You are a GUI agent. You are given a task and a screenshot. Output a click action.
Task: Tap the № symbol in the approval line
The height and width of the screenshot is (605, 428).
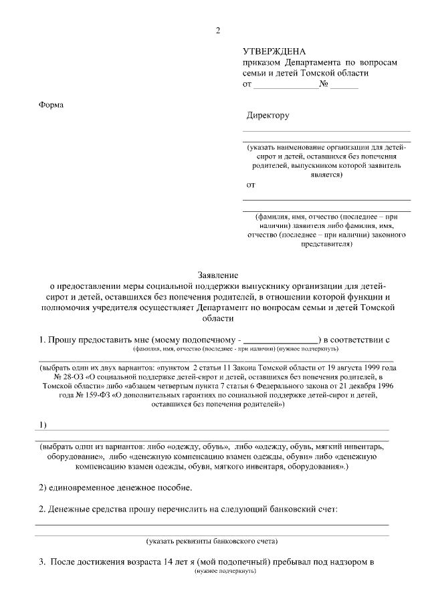(324, 85)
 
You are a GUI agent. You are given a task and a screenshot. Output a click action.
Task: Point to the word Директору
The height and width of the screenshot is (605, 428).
(267, 116)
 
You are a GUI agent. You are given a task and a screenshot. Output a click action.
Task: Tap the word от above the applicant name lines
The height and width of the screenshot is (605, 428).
(251, 183)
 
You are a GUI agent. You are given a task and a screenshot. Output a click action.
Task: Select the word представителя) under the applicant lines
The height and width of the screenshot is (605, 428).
(326, 245)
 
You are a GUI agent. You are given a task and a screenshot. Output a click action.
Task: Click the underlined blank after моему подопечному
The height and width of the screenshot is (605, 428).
(280, 340)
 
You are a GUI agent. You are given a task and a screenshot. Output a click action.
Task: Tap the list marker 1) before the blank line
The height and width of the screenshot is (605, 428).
(43, 425)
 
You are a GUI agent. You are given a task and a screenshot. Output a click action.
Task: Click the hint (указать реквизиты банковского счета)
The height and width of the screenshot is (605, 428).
(212, 540)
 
